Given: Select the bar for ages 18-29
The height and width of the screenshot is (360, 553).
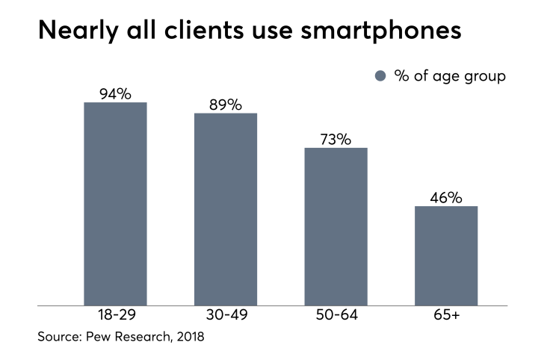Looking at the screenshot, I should click(115, 204).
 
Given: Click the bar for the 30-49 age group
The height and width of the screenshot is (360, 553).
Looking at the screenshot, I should click(226, 209).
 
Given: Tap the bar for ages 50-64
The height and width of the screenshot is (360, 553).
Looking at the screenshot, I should click(336, 226).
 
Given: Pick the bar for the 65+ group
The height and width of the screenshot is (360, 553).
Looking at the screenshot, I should click(446, 255).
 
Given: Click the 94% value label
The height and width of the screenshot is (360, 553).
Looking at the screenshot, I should click(115, 94).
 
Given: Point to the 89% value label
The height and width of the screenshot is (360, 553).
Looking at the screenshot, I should click(226, 105).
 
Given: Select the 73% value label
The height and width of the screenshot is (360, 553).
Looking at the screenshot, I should click(336, 140).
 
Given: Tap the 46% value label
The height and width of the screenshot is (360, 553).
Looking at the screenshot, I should click(446, 198).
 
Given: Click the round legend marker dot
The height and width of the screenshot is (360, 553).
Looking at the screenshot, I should click(380, 76).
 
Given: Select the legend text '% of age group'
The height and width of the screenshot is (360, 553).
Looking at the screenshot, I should click(450, 76).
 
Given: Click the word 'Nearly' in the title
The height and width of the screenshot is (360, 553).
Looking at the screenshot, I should click(78, 31).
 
